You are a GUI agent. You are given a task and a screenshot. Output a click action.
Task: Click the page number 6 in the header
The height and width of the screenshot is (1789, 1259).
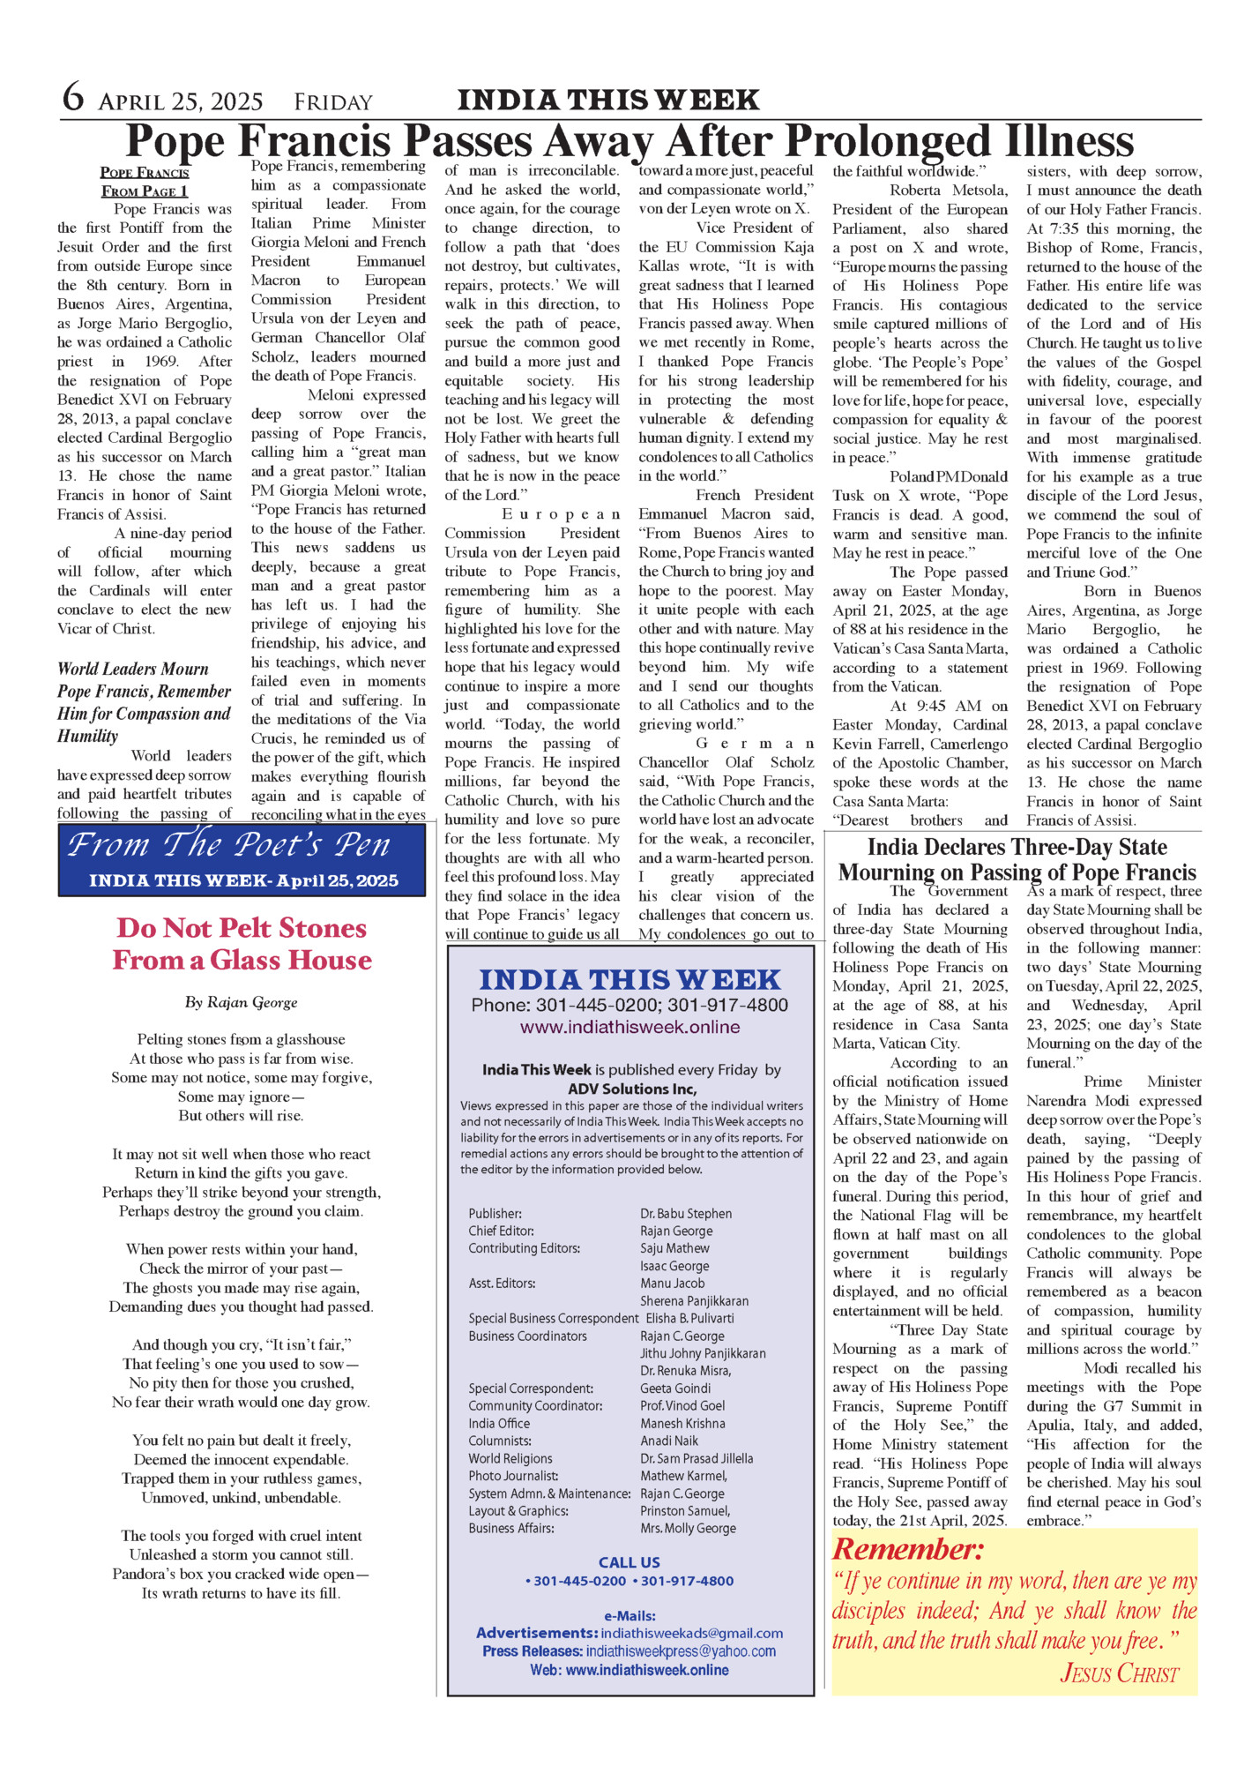[73, 98]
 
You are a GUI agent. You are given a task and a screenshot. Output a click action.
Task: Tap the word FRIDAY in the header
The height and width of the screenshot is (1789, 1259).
[333, 103]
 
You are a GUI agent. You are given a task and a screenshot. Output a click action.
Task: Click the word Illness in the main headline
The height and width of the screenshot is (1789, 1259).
[1048, 141]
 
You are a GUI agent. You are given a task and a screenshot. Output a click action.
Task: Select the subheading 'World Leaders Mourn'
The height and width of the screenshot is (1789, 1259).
[133, 669]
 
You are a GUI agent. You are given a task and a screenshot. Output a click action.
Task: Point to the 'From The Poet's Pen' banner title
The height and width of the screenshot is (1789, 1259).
[229, 845]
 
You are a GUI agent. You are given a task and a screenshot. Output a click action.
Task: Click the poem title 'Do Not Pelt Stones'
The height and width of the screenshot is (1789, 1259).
[242, 928]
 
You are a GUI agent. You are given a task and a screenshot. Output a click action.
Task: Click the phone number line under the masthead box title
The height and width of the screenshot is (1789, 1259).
[629, 1005]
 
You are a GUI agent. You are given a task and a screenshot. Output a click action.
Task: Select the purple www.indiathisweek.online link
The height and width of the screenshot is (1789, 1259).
[629, 1027]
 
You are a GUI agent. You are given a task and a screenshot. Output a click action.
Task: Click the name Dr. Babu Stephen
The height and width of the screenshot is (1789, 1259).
[686, 1214]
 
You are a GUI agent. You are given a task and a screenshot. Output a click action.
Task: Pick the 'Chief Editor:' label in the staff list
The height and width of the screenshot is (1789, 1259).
[501, 1231]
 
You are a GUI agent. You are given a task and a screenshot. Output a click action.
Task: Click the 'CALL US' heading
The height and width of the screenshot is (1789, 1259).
[629, 1562]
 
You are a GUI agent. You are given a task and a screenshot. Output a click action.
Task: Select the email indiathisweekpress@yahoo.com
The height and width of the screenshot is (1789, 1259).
[681, 1651]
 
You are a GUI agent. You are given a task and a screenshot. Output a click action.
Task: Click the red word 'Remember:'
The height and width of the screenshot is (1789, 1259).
[908, 1550]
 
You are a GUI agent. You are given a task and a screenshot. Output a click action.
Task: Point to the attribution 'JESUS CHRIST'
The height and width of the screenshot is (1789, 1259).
[1119, 1673]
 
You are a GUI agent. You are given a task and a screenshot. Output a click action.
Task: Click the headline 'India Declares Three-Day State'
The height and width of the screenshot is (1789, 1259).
[1017, 848]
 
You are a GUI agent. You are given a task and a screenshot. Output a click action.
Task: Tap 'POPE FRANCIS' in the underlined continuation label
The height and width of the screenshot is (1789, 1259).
[145, 173]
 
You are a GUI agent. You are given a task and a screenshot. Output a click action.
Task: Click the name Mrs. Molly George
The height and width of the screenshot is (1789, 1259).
[688, 1529]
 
